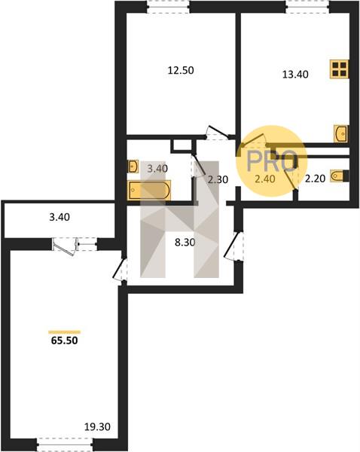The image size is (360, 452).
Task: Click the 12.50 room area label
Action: pos(181,70)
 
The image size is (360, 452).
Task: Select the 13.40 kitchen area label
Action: pos(295,75)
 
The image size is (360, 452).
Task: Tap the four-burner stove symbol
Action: pos(339,69)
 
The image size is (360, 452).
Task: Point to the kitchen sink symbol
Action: pos(341,133)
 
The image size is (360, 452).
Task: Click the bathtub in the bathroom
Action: pos(150,190)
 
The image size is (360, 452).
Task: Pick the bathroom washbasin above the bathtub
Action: pos(133,166)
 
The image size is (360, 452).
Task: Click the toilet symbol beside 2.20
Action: pos(340,176)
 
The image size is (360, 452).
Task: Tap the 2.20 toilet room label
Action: pos(316,179)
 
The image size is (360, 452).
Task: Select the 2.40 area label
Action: pos(265,179)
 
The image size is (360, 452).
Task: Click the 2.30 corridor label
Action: pos(218,179)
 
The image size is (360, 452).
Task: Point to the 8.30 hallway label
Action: pos(185,243)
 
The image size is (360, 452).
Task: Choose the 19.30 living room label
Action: pos(97,426)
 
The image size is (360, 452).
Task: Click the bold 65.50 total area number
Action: pos(64,341)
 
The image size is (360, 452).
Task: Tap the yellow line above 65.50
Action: pos(64,332)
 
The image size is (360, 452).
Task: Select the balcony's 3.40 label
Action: pos(59,217)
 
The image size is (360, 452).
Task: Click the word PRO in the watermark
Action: pos(272,161)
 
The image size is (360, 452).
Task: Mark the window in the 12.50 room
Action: pos(168,7)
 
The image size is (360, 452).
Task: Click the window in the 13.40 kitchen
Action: pos(307,7)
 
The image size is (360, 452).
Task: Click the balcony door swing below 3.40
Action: pos(64,247)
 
